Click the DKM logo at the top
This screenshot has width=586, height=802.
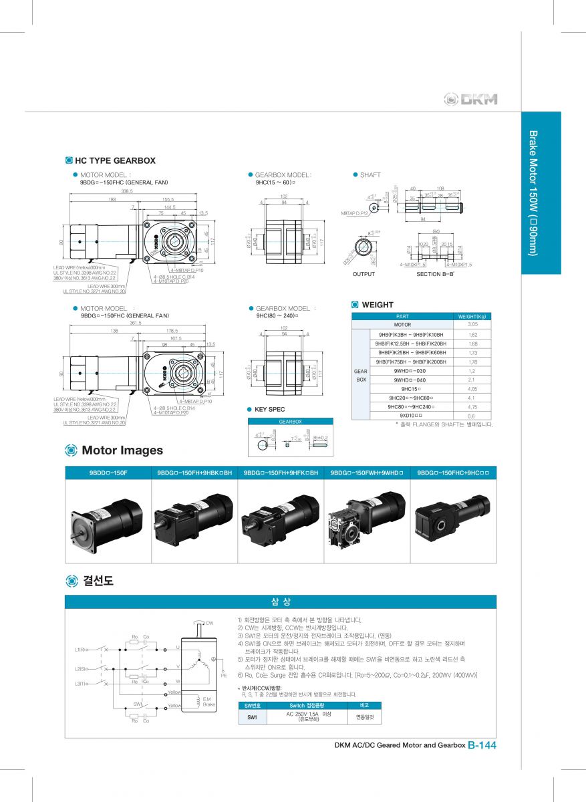click(471, 100)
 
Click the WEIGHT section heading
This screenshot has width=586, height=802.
click(378, 305)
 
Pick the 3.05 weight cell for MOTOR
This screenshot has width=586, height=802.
click(472, 324)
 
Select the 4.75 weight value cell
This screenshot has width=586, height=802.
click(472, 406)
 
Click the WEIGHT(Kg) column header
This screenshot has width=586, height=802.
click(472, 316)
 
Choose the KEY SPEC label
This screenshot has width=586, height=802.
click(270, 409)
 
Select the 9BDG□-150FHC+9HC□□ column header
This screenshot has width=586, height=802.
click(453, 473)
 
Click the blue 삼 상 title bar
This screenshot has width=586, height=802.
click(281, 601)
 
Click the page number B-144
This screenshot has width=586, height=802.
click(482, 745)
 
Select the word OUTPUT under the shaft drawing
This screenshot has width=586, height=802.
click(363, 274)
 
